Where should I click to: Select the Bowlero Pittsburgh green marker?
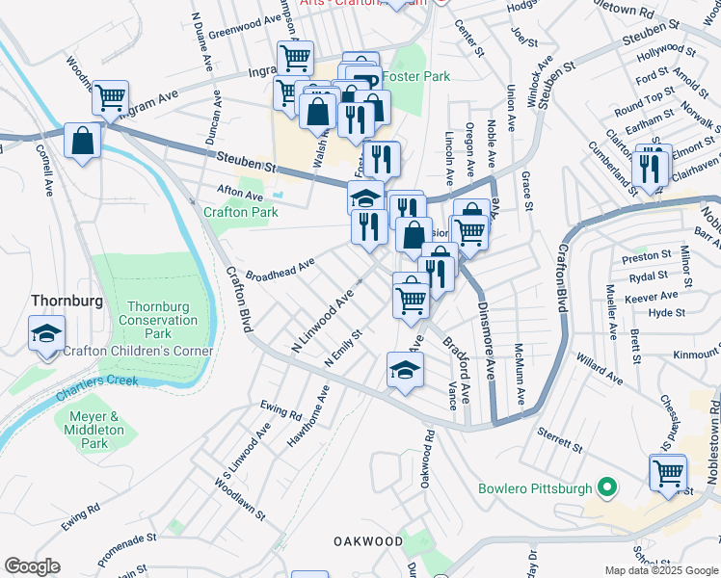[x=606, y=487]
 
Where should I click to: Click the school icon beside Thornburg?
[x=44, y=334]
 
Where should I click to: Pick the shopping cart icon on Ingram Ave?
[x=110, y=96]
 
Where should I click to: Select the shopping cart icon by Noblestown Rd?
[x=667, y=474]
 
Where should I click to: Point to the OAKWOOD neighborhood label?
[x=367, y=541]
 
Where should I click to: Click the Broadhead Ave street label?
[x=280, y=269]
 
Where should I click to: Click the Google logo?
[x=32, y=566]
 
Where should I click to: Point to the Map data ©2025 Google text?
[x=660, y=570]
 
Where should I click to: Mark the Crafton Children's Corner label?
[x=138, y=351]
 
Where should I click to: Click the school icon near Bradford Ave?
[x=405, y=369]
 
